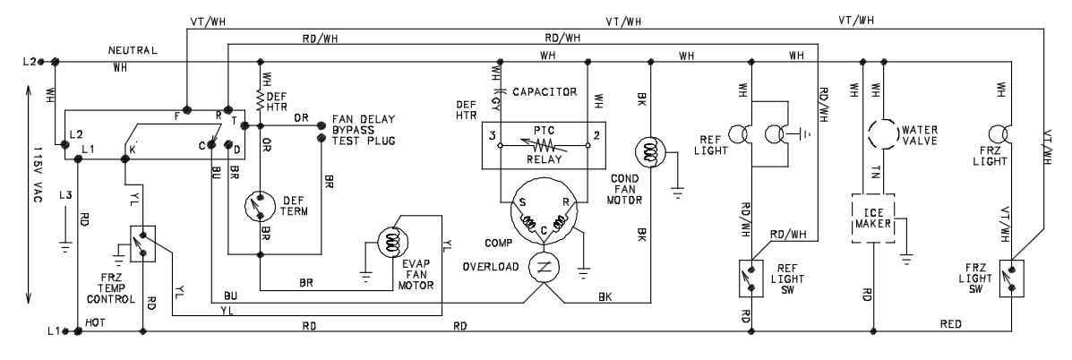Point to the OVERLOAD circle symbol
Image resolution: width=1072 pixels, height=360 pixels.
[x=545, y=266]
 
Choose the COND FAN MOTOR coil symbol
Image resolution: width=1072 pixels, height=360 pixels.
[x=649, y=150]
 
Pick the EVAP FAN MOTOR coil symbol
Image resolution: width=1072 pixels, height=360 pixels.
[x=392, y=242]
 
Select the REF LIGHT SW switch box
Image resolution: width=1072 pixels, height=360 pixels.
[x=752, y=278]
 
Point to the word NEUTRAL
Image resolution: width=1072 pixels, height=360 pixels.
[x=133, y=50]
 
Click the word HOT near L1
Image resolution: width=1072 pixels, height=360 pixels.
[x=94, y=321]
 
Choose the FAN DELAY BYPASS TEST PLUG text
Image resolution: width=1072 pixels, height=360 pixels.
[x=364, y=129]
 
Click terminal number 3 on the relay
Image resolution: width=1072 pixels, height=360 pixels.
[x=492, y=134]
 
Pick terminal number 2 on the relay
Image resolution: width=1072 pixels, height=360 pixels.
[x=596, y=134]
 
